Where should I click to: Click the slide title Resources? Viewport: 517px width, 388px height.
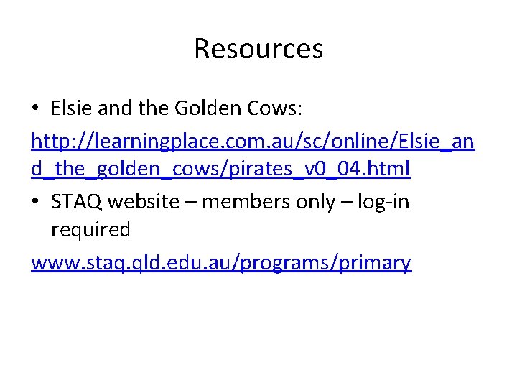pos(258,49)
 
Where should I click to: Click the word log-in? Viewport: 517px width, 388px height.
pos(381,202)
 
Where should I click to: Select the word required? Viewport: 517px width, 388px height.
pos(90,231)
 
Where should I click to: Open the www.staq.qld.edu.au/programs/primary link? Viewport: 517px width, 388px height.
pos(221,262)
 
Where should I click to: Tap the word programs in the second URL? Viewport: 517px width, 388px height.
pos(282,263)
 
